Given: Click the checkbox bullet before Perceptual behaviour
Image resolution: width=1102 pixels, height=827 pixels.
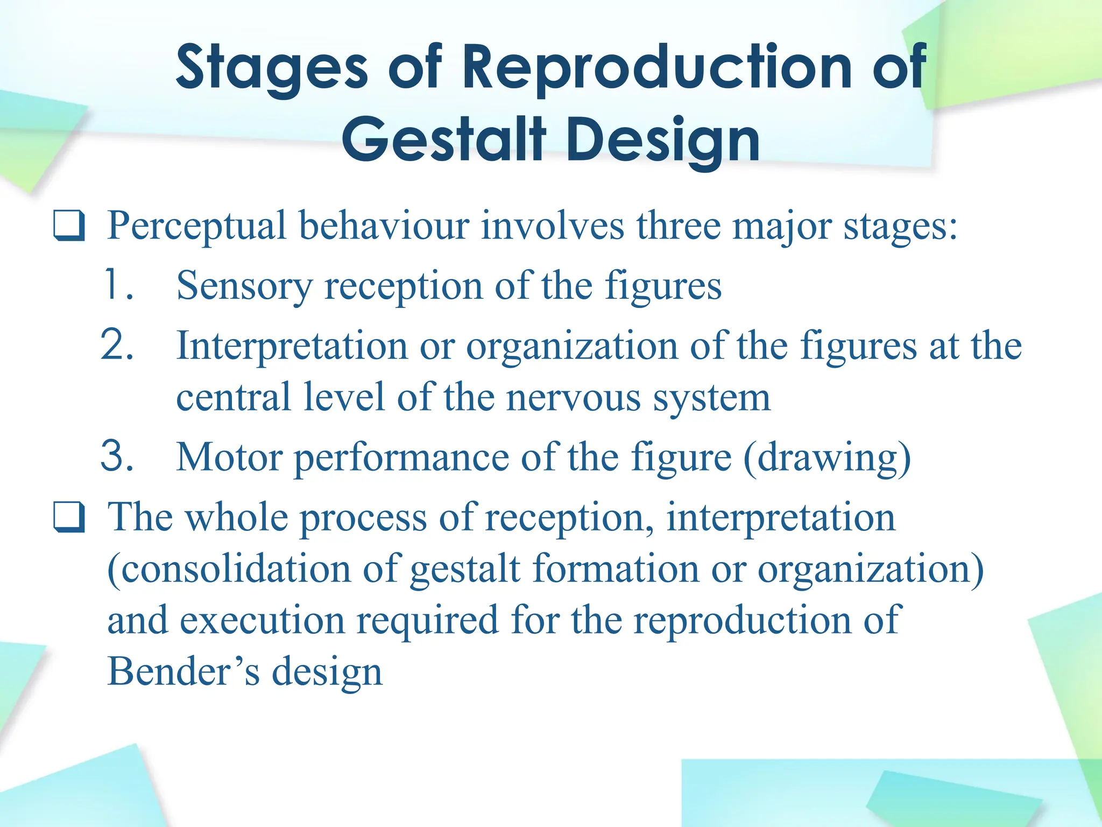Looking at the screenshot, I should (x=69, y=226).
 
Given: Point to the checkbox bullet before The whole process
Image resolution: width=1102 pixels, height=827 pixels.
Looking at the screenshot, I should (x=69, y=517).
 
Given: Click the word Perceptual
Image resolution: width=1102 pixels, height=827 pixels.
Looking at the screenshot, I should (x=197, y=226).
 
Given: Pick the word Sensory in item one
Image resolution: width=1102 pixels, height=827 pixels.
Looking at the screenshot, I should (x=244, y=286).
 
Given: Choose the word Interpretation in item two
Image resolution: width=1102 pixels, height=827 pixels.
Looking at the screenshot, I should (x=292, y=346).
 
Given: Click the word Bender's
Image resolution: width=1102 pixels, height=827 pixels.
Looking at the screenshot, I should (x=183, y=672).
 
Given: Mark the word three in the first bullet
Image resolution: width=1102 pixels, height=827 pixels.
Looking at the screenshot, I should (x=679, y=226).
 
